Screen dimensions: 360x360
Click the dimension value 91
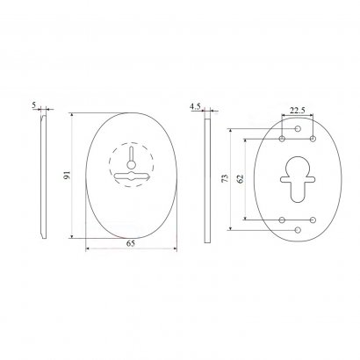(68, 176)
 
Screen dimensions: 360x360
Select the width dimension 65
(131, 243)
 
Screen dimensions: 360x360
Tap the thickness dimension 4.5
(195, 106)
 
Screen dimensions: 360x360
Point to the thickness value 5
(34, 104)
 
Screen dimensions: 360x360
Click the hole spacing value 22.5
(298, 111)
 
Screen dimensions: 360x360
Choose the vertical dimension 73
(225, 178)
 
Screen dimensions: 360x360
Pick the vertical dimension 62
(241, 178)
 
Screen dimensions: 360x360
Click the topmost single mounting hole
(298, 128)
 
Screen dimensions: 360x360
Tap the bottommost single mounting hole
(298, 230)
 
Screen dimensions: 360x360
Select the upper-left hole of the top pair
(282, 139)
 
